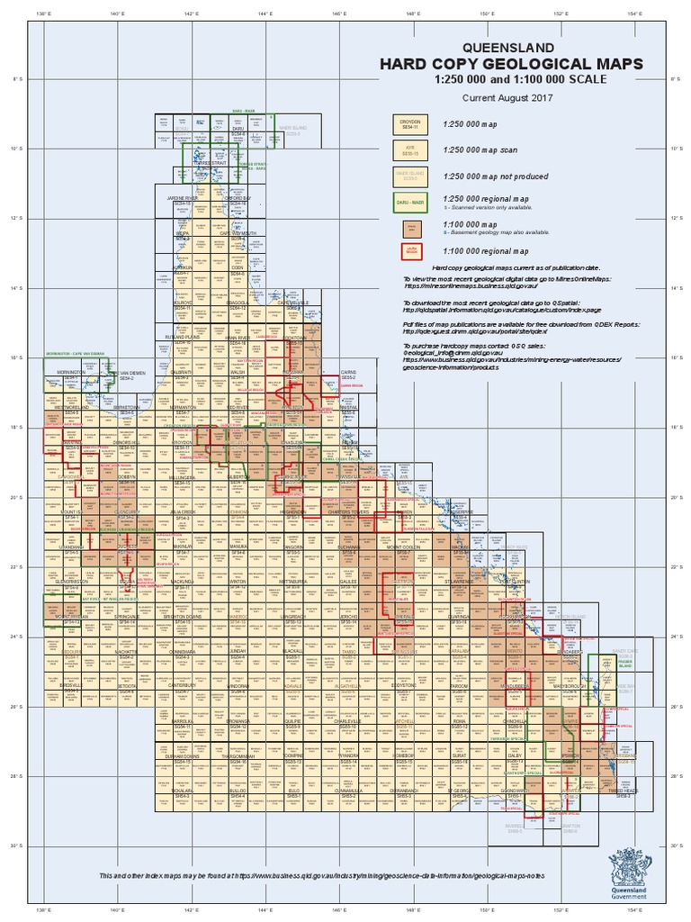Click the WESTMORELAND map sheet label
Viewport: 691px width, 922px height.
(x=69, y=407)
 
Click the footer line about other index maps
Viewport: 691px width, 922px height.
(x=322, y=875)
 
